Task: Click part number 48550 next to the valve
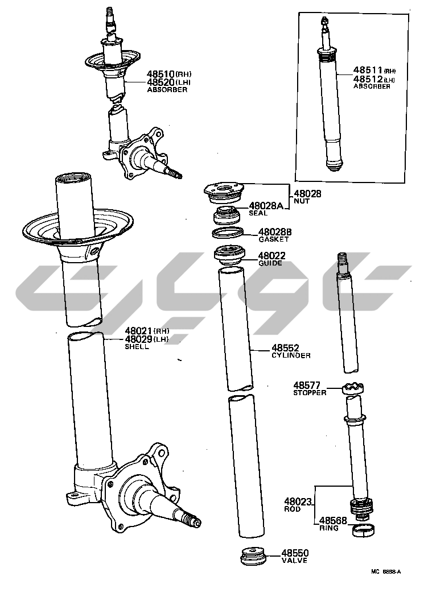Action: click(295, 553)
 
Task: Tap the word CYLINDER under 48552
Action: click(291, 355)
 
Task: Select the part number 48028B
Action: click(275, 232)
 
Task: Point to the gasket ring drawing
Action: click(228, 232)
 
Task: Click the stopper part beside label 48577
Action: click(353, 389)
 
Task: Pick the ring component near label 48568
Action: click(363, 529)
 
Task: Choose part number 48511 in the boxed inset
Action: click(368, 70)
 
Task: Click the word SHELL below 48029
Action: click(137, 347)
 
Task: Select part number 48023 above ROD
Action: click(298, 502)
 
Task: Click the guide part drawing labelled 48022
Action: click(230, 255)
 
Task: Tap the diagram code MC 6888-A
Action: click(386, 571)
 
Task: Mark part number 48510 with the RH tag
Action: click(160, 74)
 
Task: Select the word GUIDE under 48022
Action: click(270, 263)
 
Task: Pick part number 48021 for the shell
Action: click(139, 331)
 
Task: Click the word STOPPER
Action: click(310, 392)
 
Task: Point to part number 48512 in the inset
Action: click(368, 79)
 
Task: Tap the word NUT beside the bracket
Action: click(302, 201)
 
